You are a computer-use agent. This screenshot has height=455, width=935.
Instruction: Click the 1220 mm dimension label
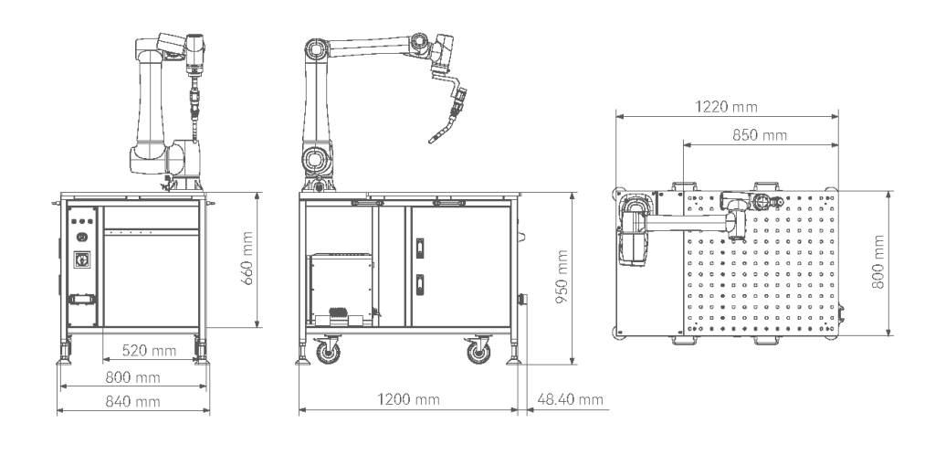point(710,106)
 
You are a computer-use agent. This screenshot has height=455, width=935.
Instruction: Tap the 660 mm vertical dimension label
point(245,259)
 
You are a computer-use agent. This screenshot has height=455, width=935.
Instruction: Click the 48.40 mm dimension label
point(571,400)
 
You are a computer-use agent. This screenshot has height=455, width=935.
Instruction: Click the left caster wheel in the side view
point(325,350)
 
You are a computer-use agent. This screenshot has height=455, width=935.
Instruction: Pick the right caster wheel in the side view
point(478,350)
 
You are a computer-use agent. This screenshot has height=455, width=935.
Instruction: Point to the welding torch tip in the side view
point(433,140)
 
